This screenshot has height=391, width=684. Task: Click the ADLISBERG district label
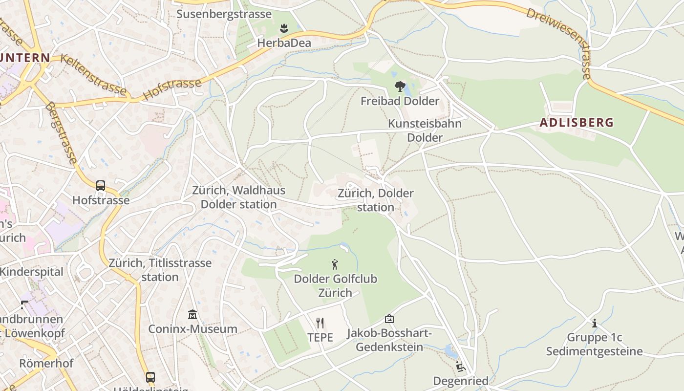coord(576,122)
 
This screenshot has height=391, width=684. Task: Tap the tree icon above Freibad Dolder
coord(400,87)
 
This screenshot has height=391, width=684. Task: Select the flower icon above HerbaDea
coord(284,28)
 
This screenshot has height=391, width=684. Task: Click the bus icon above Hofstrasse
coord(101,186)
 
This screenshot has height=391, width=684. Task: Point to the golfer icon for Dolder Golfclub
coord(335,265)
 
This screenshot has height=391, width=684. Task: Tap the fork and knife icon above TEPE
coord(320,323)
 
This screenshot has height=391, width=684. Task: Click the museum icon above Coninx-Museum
coord(192,314)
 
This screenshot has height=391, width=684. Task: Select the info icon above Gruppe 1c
coord(595,323)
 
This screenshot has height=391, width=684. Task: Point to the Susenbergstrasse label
coord(224,14)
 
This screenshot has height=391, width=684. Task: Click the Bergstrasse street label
coord(61,132)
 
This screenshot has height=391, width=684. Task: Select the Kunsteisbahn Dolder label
coord(425,130)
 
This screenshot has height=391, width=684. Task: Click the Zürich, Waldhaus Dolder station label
coord(238,197)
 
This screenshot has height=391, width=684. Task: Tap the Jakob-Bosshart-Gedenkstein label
coord(389,340)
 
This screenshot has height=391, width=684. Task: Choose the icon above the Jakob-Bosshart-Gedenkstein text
coord(389,319)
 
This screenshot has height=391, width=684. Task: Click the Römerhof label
coord(46,363)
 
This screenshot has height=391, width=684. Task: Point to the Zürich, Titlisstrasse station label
coord(160,270)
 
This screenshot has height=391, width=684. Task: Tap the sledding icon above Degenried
coord(460,367)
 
